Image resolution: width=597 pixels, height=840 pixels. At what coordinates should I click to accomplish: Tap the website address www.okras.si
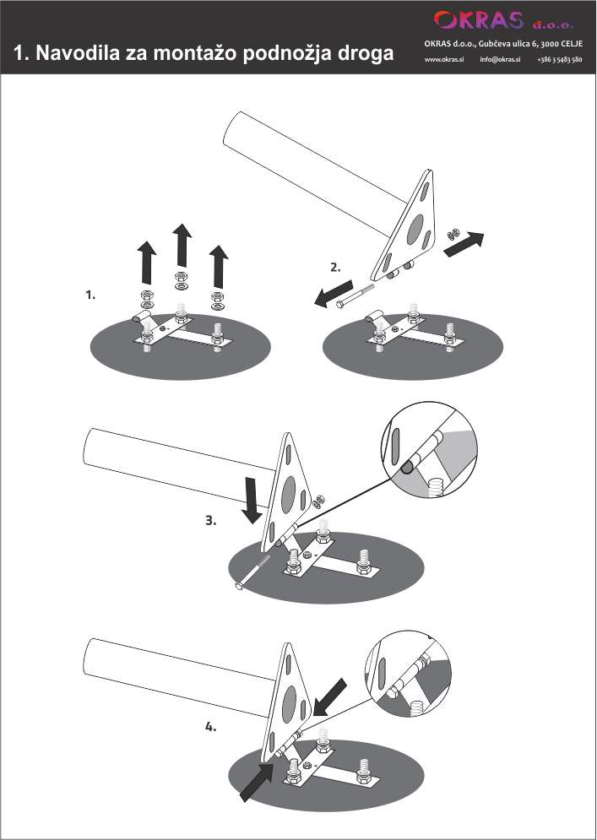(444, 60)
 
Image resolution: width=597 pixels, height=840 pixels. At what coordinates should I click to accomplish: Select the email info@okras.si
(500, 60)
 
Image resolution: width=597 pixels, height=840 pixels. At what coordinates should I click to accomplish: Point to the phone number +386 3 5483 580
(559, 60)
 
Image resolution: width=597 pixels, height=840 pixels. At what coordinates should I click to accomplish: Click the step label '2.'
(335, 267)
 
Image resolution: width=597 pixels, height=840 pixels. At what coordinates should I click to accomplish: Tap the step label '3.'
(211, 521)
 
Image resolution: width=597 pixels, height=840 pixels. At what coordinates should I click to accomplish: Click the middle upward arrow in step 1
(181, 245)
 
